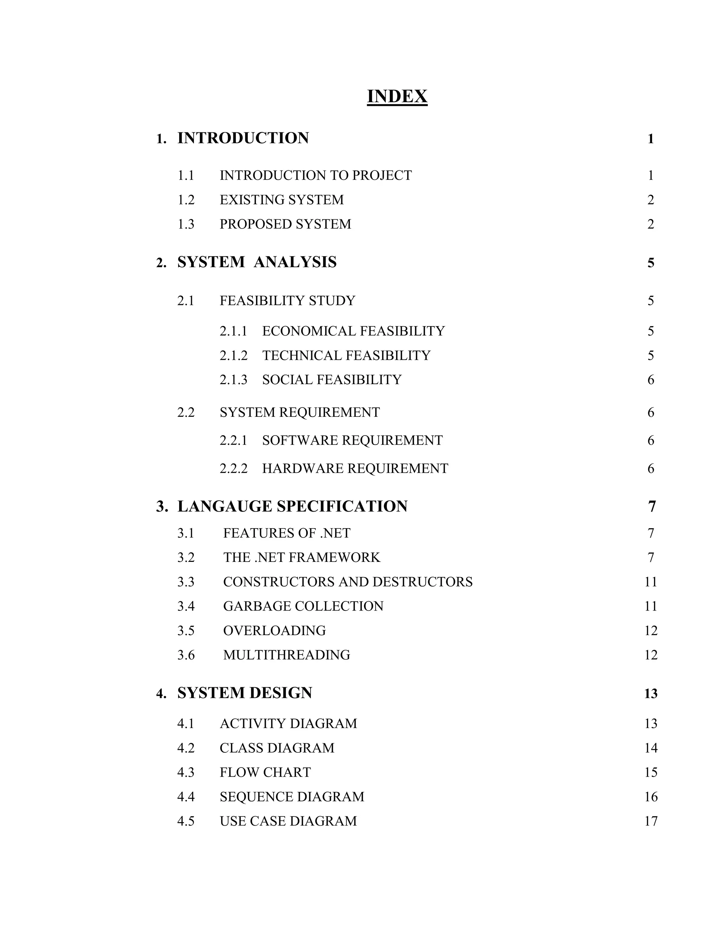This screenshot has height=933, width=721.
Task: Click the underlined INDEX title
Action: (397, 96)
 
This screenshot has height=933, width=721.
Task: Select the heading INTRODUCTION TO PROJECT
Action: (316, 175)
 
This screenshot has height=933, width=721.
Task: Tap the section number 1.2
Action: (186, 200)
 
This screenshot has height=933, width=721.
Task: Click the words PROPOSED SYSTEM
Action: (285, 224)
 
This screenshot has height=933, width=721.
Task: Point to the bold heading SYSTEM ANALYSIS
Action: (257, 262)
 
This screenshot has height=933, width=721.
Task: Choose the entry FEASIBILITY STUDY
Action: (288, 301)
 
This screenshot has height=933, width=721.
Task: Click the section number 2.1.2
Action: (233, 356)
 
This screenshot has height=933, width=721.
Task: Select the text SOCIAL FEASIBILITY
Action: (332, 380)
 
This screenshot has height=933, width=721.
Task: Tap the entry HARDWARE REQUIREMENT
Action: (355, 469)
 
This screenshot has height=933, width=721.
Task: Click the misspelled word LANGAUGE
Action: (225, 506)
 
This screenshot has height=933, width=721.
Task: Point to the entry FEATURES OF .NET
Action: (287, 533)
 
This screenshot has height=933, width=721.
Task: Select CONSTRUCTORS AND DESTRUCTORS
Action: (348, 582)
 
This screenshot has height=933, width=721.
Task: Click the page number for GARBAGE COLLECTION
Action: (651, 606)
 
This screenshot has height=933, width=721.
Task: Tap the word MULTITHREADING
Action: (287, 655)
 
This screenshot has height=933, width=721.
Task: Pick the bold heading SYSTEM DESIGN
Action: (245, 693)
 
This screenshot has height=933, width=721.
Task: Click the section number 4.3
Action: (186, 772)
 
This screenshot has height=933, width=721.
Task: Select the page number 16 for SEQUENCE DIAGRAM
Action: (651, 797)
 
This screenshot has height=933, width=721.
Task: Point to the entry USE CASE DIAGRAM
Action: (288, 821)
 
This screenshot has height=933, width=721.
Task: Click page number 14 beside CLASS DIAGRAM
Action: (651, 748)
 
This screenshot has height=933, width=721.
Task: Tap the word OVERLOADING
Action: (274, 631)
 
